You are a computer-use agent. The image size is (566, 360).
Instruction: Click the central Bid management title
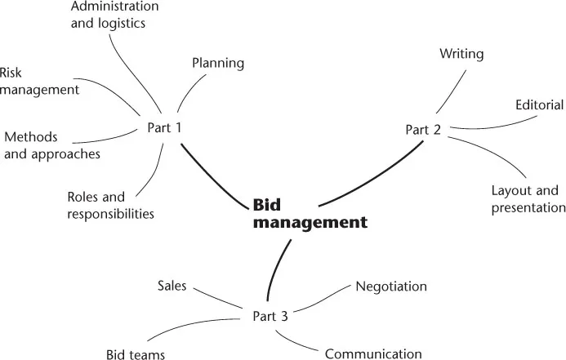coord(309,212)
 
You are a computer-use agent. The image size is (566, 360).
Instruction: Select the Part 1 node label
coord(164,127)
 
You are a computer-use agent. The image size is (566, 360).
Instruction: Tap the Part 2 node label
coord(423,130)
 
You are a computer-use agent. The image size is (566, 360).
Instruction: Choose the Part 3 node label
coord(270,316)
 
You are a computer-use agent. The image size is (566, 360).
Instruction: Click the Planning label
coord(218,63)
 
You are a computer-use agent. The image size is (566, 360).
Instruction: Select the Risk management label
coord(38,81)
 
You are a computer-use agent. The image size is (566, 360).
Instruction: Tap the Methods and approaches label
coord(52,144)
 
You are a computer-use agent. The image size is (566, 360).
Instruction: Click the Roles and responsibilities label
coord(109,206)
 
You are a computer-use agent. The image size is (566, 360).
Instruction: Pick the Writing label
coord(461,55)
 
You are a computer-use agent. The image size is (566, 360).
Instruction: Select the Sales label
coord(172,287)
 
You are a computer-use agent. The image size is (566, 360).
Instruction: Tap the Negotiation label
coord(390,287)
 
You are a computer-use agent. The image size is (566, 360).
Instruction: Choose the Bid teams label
coord(136,354)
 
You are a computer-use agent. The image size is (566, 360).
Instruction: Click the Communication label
coord(373,353)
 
